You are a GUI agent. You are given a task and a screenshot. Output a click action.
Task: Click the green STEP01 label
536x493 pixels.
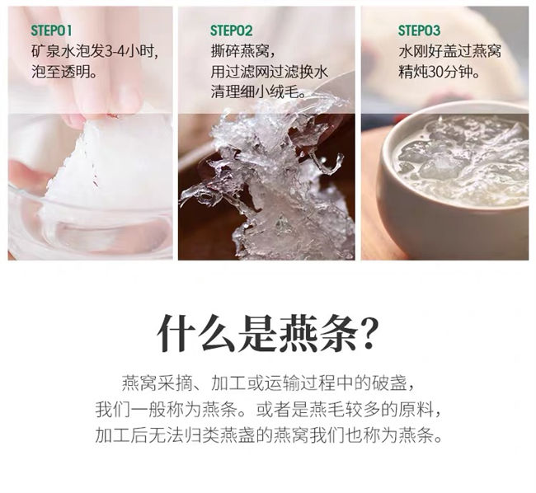pyautogui.click(x=51, y=31)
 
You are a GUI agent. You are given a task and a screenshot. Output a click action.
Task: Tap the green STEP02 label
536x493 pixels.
pyautogui.click(x=231, y=31)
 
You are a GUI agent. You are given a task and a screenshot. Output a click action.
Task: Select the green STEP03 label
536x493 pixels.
pyautogui.click(x=419, y=31)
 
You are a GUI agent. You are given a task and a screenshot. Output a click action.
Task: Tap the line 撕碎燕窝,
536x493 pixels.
pyautogui.click(x=242, y=52)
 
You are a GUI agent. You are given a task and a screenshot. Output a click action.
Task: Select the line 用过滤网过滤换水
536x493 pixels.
pyautogui.click(x=269, y=72)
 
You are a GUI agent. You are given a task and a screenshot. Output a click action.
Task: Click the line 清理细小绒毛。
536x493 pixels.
pyautogui.click(x=258, y=92)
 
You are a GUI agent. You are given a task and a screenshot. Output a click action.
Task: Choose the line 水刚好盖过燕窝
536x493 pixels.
pyautogui.click(x=450, y=52)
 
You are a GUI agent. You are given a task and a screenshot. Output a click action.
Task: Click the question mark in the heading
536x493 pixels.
pyautogui.click(x=369, y=333)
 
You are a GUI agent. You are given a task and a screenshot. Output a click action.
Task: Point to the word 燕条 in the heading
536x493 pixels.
pyautogui.click(x=319, y=333)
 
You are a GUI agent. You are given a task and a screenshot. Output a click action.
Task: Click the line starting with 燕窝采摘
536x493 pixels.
pyautogui.click(x=268, y=383)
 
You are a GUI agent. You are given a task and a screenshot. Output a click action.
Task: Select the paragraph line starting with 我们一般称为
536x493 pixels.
pyautogui.click(x=268, y=409)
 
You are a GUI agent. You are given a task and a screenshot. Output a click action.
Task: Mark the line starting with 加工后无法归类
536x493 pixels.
pyautogui.click(x=268, y=435)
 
